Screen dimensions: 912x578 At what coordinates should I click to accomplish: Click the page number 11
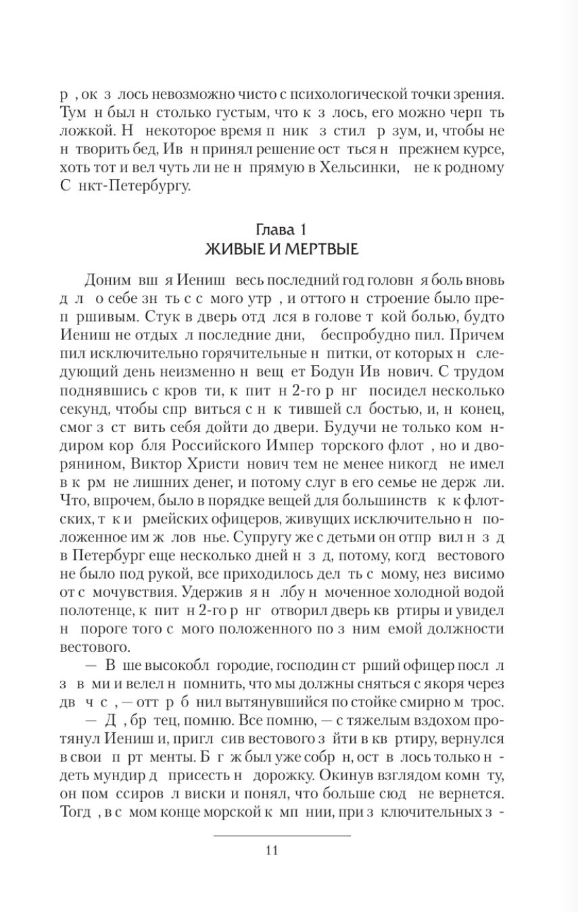coord(272,850)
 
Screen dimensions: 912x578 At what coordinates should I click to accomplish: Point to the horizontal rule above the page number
coord(282,836)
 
